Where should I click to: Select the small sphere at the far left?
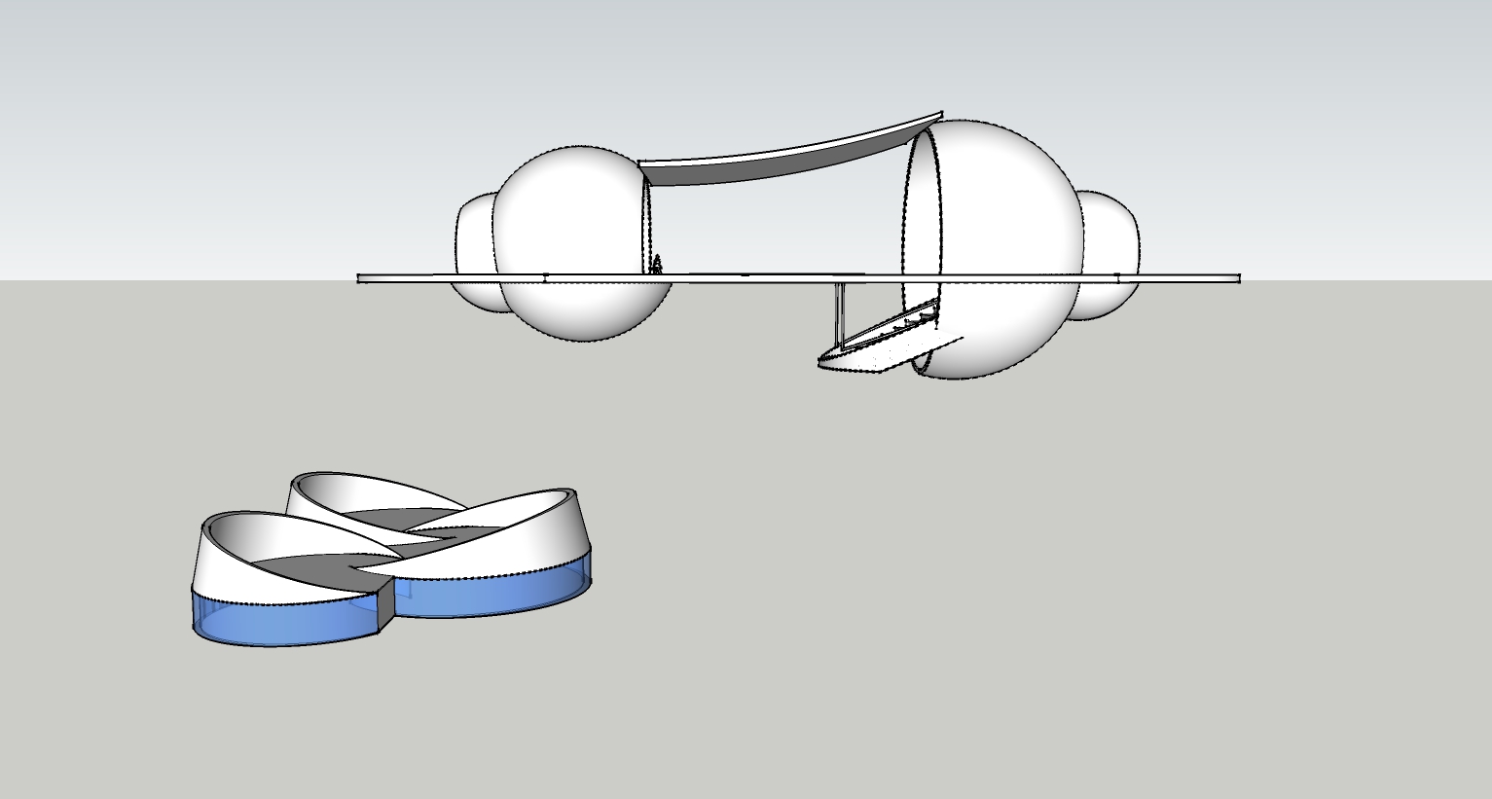[473, 234]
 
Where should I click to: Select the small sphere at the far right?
[1110, 234]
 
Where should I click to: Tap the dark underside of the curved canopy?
[740, 170]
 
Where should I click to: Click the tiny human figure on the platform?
[657, 265]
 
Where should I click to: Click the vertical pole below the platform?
[837, 311]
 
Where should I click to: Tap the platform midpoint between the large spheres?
[779, 278]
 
